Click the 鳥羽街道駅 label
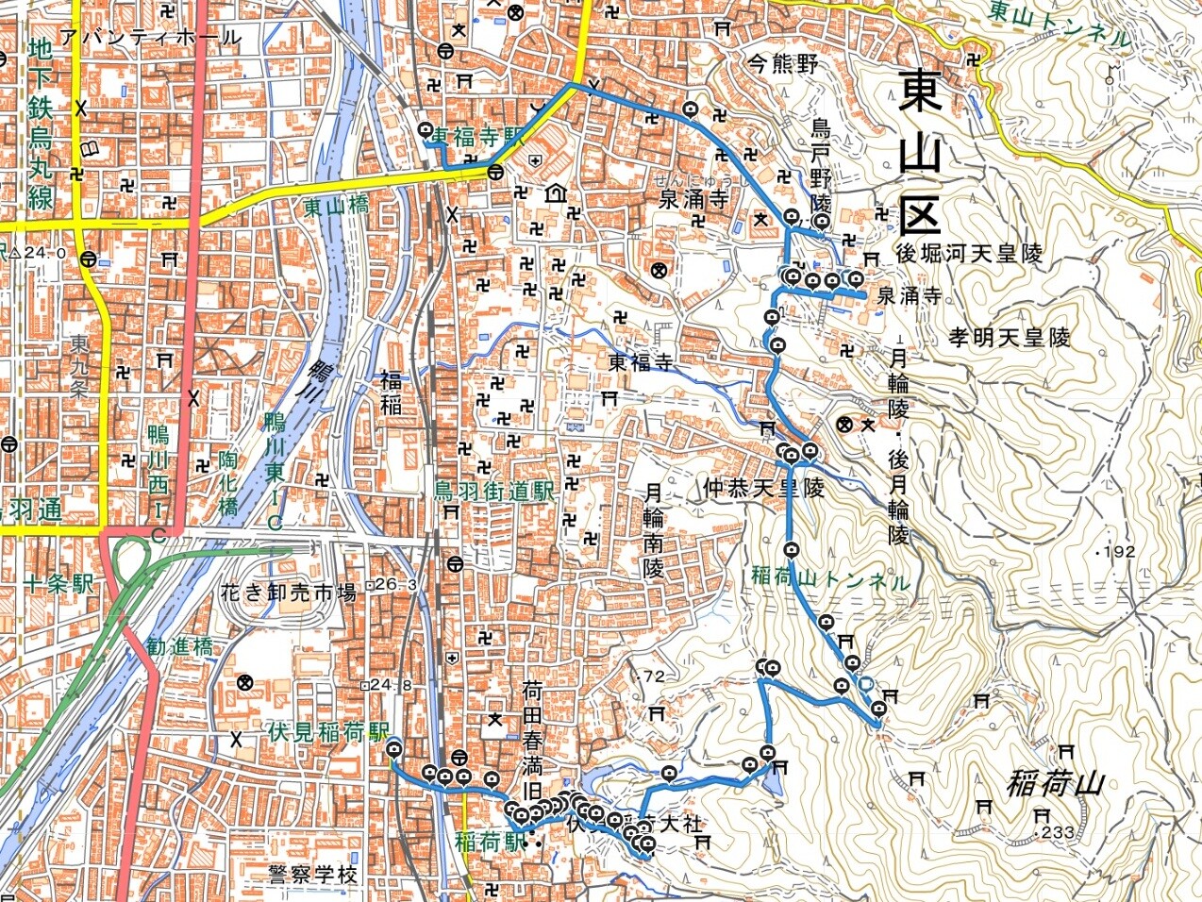tap(492, 492)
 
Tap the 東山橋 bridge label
tap(337, 204)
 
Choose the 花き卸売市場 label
tap(287, 593)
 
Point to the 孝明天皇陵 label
tap(1010, 337)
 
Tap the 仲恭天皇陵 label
tap(763, 489)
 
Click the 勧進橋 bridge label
tap(180, 648)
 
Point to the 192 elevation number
tap(1118, 552)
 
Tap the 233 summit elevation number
tap(1057, 832)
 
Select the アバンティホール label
tap(149, 38)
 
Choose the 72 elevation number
tap(653, 676)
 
